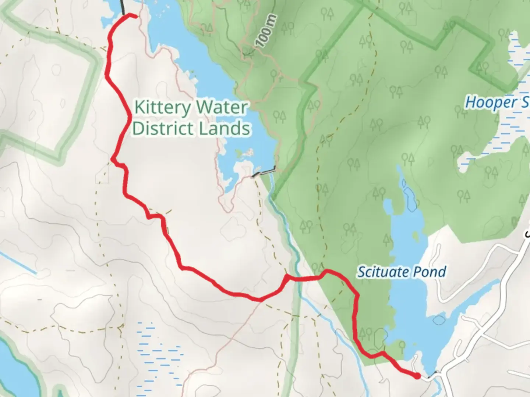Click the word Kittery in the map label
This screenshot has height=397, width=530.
(163, 108)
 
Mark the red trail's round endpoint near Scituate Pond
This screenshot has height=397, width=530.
(417, 376)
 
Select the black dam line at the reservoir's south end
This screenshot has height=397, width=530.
(264, 172)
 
